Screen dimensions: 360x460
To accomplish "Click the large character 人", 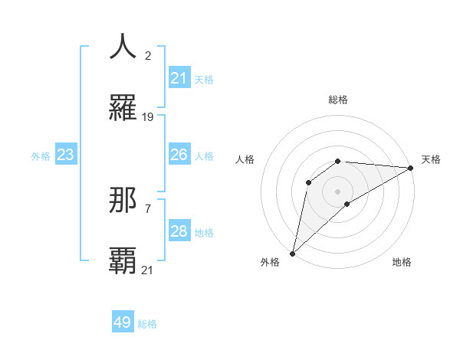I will click(x=123, y=47).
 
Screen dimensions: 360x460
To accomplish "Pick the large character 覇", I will click(x=123, y=261).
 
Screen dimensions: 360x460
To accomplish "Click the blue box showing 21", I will click(x=179, y=78).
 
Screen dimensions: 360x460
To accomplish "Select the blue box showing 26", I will click(x=179, y=155).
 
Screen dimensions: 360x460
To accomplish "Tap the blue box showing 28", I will click(x=179, y=231).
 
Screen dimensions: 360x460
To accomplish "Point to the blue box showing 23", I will click(x=66, y=155).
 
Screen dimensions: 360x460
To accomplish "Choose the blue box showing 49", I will click(x=123, y=322).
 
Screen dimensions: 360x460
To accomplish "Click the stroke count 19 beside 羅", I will click(x=148, y=117).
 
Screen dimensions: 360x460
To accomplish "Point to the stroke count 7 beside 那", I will click(x=147, y=208).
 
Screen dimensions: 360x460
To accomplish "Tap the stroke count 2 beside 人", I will click(x=147, y=55).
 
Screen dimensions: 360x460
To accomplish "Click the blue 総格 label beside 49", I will click(x=148, y=324).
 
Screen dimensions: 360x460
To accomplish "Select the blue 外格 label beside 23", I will click(x=41, y=155).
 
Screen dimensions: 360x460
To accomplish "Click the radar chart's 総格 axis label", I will click(x=338, y=100).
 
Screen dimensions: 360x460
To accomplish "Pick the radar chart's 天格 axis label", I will click(x=431, y=159).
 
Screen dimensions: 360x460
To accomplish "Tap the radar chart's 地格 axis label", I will click(x=402, y=262).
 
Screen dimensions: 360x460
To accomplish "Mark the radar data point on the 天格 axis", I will click(x=411, y=168).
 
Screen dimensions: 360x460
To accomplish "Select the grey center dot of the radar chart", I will click(x=338, y=191).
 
